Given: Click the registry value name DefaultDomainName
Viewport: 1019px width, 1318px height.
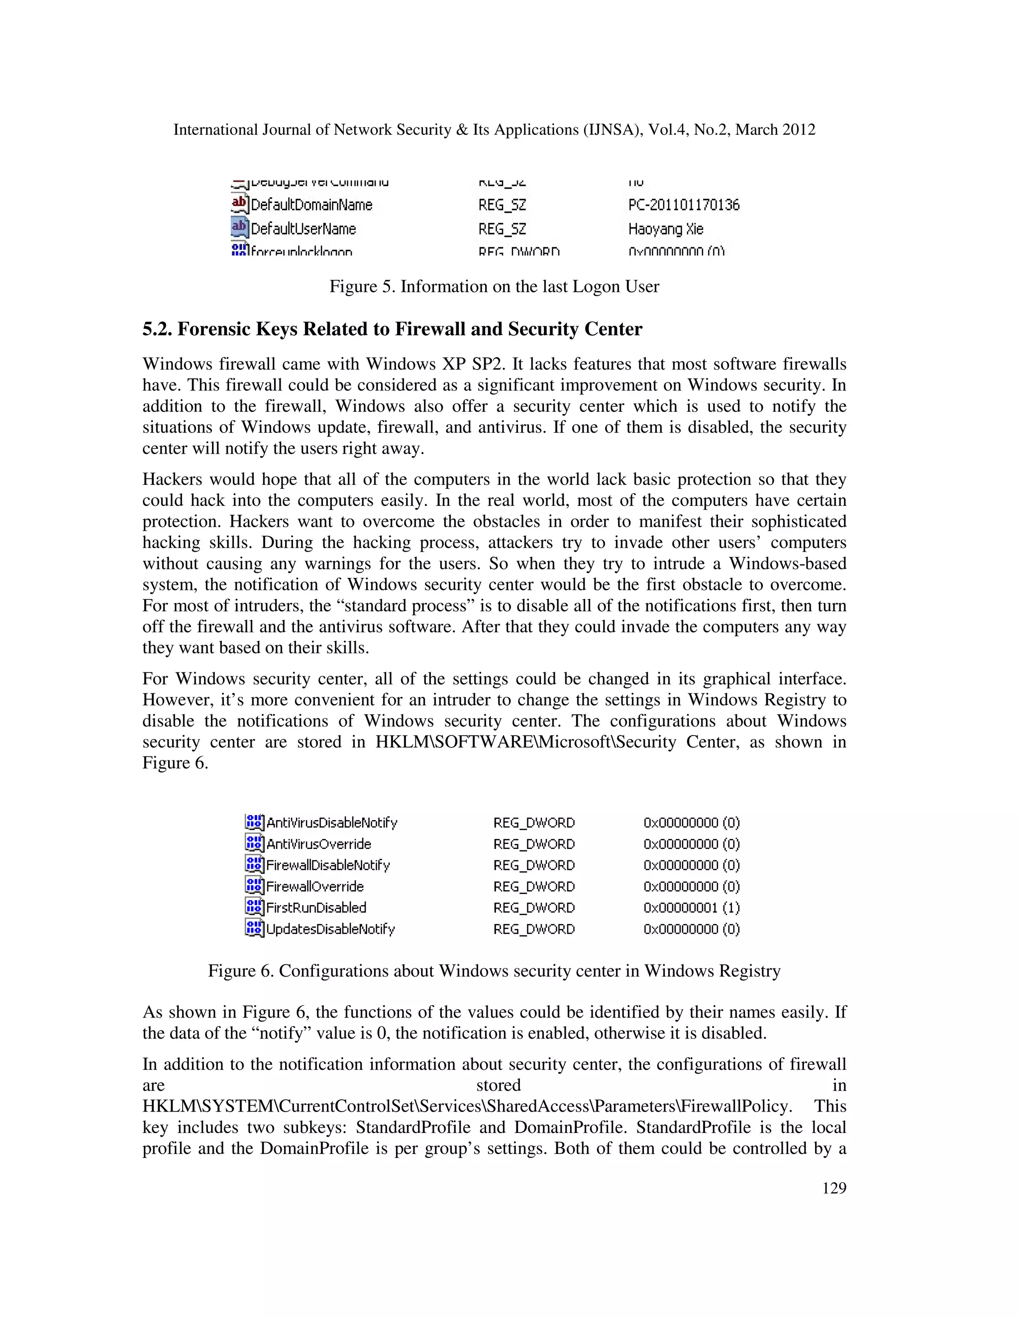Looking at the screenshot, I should tap(311, 205).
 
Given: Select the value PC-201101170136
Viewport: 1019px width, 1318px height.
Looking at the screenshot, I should tap(683, 205).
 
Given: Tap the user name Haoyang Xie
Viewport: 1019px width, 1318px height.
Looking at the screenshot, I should tap(665, 229).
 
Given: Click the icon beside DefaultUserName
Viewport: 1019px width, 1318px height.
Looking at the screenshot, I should tap(240, 228).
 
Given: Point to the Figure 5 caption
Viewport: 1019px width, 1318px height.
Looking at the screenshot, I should tap(494, 286).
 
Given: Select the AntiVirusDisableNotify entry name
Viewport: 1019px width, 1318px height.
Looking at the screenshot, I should tap(331, 823).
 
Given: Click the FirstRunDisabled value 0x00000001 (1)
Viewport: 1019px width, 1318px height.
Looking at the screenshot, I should tap(691, 907).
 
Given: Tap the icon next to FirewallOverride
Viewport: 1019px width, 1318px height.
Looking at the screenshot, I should tap(254, 885).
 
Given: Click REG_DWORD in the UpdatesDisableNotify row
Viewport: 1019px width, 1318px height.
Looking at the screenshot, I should tap(534, 929).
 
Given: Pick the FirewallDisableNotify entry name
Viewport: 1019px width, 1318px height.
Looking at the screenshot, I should tap(328, 865).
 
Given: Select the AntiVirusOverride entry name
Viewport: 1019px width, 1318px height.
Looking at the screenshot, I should tap(319, 844).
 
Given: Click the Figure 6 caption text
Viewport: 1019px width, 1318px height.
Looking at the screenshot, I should tap(494, 970).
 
